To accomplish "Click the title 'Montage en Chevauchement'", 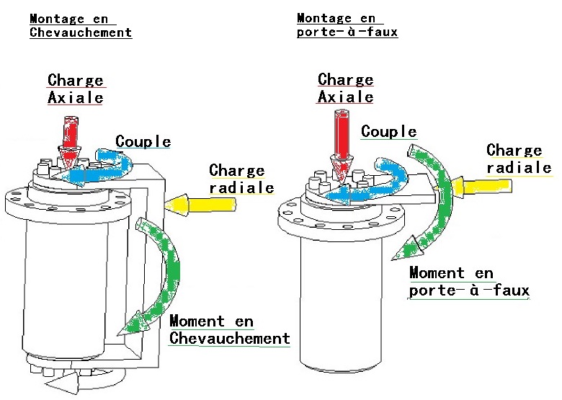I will click(81, 26).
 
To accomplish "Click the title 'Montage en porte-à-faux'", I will click(347, 25).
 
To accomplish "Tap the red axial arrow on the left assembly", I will click(71, 137).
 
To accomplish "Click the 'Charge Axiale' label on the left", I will click(76, 89).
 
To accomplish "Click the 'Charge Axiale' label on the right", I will click(346, 87).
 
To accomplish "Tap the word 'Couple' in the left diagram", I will click(143, 141).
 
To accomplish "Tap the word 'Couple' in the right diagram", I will click(389, 131).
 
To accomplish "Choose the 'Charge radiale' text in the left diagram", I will click(241, 179).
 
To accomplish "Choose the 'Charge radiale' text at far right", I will click(518, 159).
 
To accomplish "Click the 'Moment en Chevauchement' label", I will click(228, 330).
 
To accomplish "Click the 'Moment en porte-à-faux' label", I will click(468, 282).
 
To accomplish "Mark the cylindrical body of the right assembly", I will click(339, 303).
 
